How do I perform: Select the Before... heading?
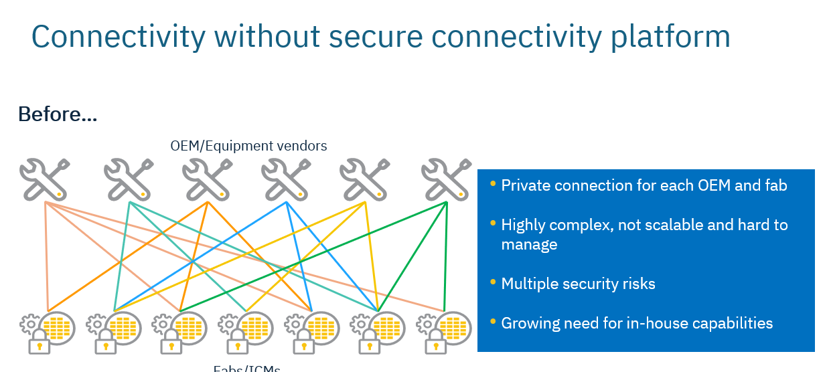pyautogui.click(x=58, y=114)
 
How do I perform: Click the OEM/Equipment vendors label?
pyautogui.click(x=248, y=145)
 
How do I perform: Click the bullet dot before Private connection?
pyautogui.click(x=494, y=183)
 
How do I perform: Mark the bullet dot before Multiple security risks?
pyautogui.click(x=494, y=282)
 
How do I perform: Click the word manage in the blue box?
pyautogui.click(x=529, y=245)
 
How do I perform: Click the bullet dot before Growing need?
pyautogui.click(x=494, y=321)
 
